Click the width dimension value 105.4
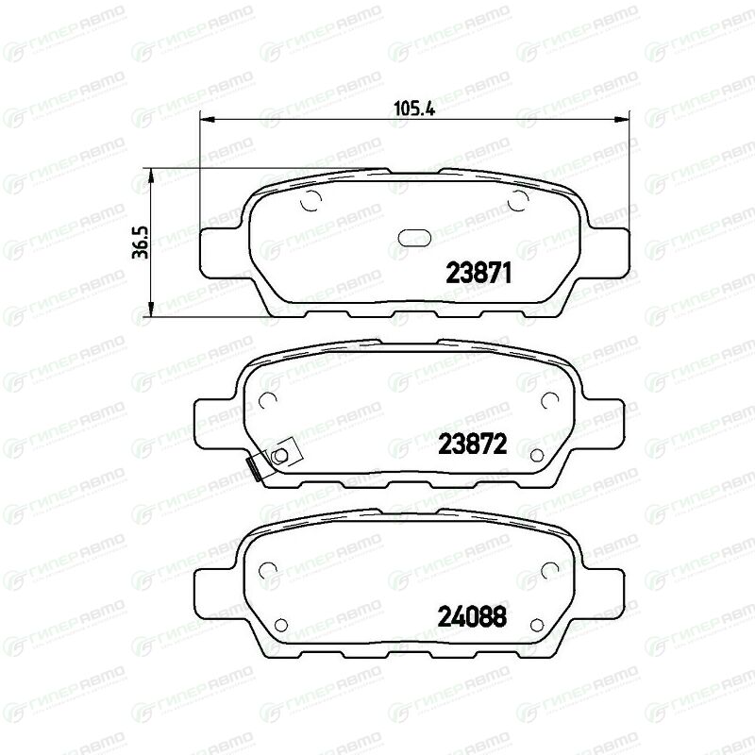(x=414, y=109)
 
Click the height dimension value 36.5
(x=140, y=243)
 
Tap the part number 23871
(x=478, y=274)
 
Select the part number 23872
(x=473, y=444)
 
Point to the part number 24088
(x=472, y=617)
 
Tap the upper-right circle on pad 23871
(x=518, y=200)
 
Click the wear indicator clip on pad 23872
(x=272, y=459)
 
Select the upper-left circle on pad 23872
(x=267, y=399)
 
